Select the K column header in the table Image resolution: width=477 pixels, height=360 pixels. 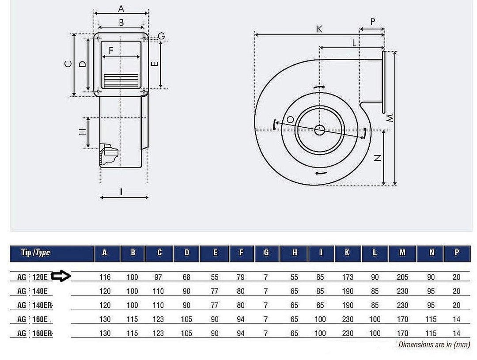tap(347, 253)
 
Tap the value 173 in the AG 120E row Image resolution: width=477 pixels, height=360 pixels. tap(347, 277)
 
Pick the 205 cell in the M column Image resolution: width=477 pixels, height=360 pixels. tap(402, 277)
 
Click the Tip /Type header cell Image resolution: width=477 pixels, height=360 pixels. tap(36, 253)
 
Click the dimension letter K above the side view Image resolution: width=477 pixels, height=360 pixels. tap(320, 29)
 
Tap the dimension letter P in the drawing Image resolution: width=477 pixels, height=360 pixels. tap(372, 22)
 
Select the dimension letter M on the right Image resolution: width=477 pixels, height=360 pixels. tap(390, 118)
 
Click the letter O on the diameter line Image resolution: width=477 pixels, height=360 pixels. tap(290, 120)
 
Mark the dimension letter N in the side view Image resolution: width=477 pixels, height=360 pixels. tap(378, 158)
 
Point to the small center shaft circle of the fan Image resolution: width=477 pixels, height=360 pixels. tap(319, 130)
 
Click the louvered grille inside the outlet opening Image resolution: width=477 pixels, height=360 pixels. tap(121, 80)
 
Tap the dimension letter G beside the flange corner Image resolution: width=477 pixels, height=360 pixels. tap(161, 36)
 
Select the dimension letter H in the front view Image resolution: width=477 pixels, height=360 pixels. tap(82, 132)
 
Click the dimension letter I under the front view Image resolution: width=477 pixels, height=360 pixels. tap(121, 191)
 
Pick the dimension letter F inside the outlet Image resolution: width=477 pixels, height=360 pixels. tap(111, 50)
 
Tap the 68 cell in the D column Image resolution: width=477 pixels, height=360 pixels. tap(187, 277)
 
